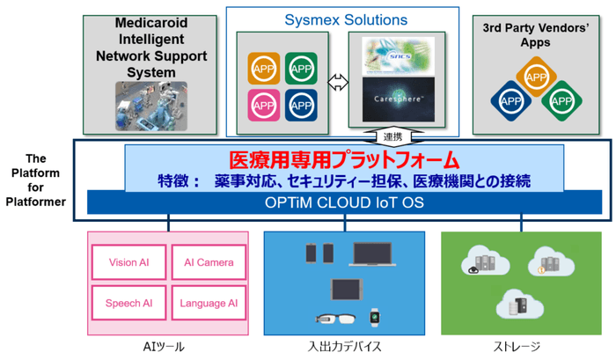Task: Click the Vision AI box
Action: tap(129, 262)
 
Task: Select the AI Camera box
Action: tap(209, 262)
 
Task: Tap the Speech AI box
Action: tap(129, 303)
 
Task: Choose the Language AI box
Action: tap(209, 303)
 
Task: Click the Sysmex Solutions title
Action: tap(345, 19)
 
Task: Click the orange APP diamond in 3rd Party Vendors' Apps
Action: tap(536, 77)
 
